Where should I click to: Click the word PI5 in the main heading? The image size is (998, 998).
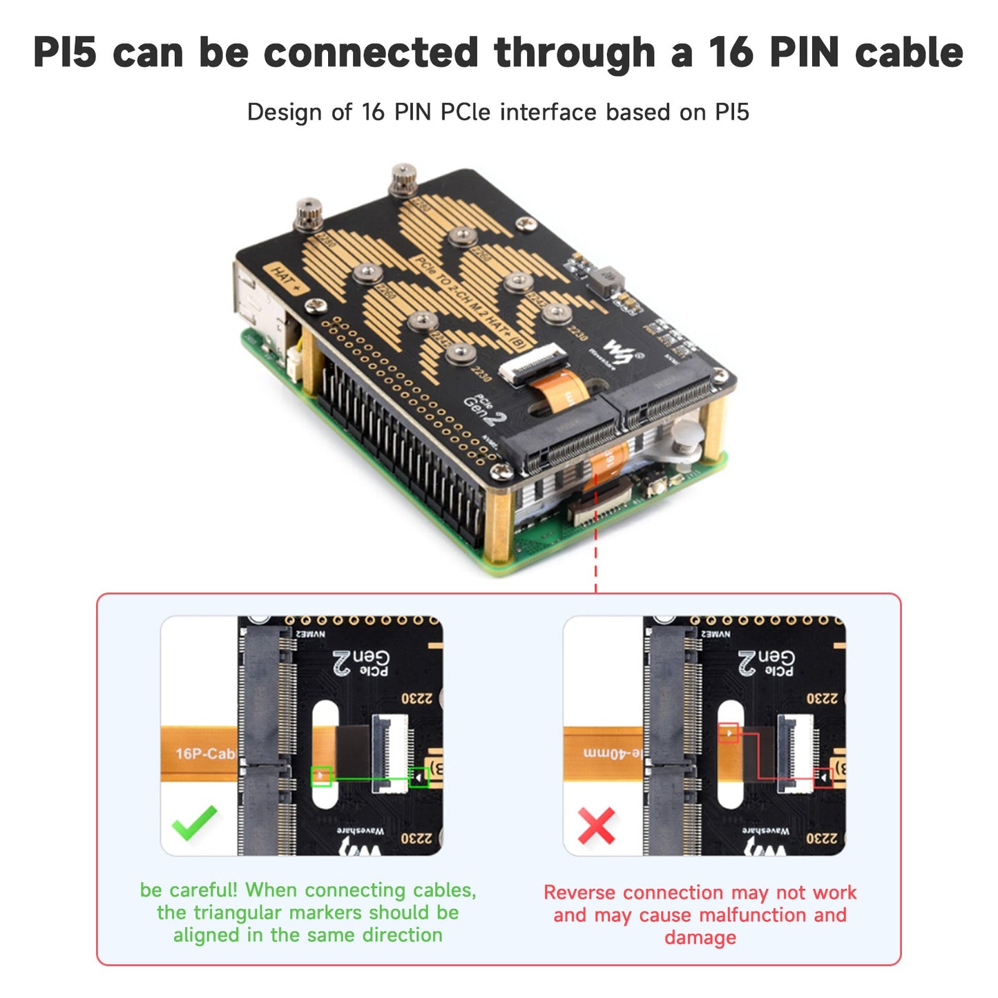[65, 52]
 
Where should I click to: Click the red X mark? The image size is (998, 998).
[596, 826]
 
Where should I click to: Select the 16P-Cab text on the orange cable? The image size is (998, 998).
[204, 754]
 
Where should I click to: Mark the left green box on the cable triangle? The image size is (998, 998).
[321, 776]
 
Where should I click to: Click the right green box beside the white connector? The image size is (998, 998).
[419, 778]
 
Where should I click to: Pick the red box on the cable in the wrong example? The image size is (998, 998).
[729, 733]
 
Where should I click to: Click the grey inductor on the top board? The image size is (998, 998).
[607, 280]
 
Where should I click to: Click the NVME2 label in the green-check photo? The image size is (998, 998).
[311, 634]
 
